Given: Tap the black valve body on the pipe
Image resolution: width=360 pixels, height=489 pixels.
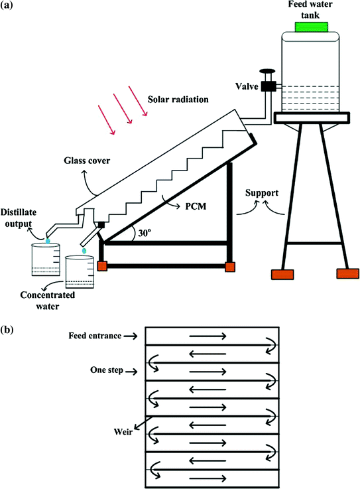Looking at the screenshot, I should coord(269,86).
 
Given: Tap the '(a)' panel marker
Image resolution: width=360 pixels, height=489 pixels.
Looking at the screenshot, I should coord(9,7).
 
